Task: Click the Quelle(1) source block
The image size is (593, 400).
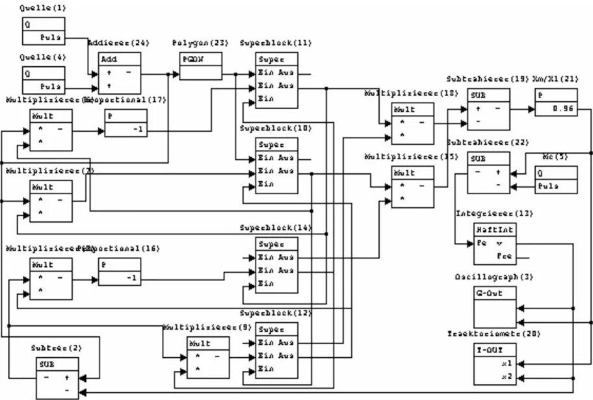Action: coord(44,30)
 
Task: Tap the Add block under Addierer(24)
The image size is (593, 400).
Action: coord(120,73)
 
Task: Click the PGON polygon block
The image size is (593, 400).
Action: coord(200,66)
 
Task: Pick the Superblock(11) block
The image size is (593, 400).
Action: coord(276,80)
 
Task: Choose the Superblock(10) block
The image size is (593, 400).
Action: coord(276,165)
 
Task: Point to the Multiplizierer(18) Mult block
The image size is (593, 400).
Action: coord(413,123)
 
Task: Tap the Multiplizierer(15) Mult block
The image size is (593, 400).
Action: coord(413,187)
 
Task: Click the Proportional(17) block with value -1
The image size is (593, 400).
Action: coord(125,123)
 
